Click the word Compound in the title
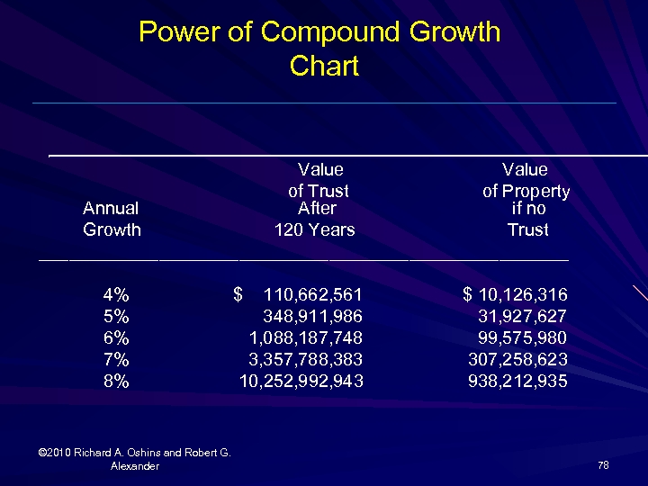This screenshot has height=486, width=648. pyautogui.click(x=330, y=32)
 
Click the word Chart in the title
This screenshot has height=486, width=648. pyautogui.click(x=324, y=66)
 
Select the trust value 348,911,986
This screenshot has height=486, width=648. pyautogui.click(x=312, y=317)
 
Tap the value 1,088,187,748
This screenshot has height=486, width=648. pyautogui.click(x=305, y=338)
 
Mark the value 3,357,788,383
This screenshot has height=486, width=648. pyautogui.click(x=305, y=360)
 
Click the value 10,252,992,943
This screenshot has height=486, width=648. pyautogui.click(x=301, y=382)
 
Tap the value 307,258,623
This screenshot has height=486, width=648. pyautogui.click(x=517, y=360)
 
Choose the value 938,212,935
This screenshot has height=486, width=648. pyautogui.click(x=517, y=382)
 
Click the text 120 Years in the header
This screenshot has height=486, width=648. pyautogui.click(x=314, y=230)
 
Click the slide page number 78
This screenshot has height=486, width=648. pyautogui.click(x=603, y=465)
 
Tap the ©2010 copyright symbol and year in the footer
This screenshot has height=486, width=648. pyautogui.click(x=56, y=453)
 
